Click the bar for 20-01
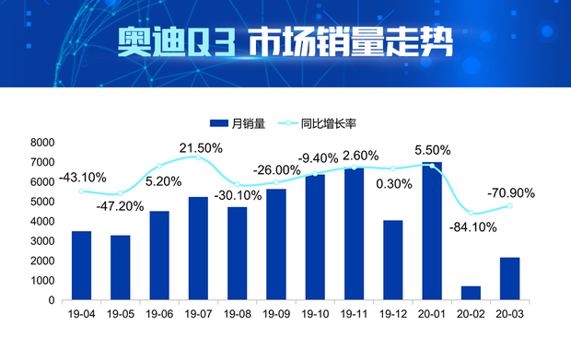[x=432, y=231]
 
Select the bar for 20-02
[x=471, y=293]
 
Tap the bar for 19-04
[x=81, y=265]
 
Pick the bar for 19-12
[x=393, y=260]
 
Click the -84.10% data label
[x=472, y=227]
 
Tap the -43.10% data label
[x=83, y=177]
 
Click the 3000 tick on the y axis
[x=42, y=241]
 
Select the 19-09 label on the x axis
[x=276, y=315]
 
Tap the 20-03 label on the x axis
[x=509, y=315]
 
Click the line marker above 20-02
[x=471, y=213]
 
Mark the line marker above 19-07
[x=198, y=157]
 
